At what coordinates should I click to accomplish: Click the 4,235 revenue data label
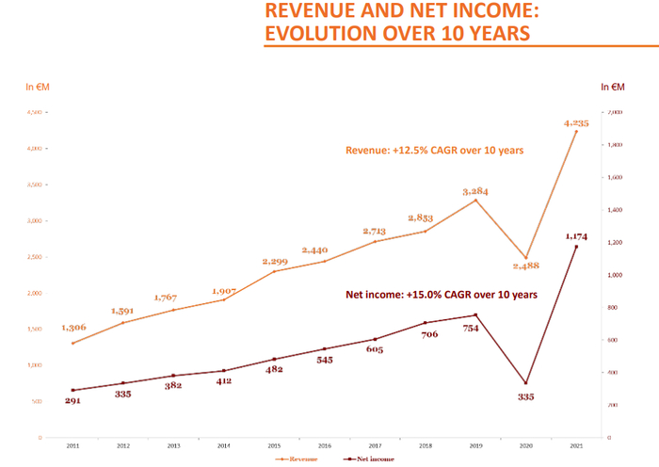coord(575,122)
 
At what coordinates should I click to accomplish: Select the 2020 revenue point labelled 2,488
coord(526,258)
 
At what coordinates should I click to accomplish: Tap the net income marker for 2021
coord(576,247)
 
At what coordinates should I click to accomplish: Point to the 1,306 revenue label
coord(74,327)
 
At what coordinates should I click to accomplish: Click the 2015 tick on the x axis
coord(274,448)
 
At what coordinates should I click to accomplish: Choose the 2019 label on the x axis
coord(475,448)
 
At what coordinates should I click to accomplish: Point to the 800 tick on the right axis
coord(614,308)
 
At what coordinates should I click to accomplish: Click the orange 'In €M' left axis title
coord(39,88)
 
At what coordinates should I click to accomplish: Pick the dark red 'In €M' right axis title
coord(614,88)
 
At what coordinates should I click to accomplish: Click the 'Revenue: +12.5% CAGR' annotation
coord(434,150)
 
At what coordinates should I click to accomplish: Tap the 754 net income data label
coord(476,329)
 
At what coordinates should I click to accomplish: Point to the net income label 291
coord(73,401)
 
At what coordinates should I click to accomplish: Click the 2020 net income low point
coord(526,383)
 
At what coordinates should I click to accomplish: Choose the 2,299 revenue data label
coord(274,261)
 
